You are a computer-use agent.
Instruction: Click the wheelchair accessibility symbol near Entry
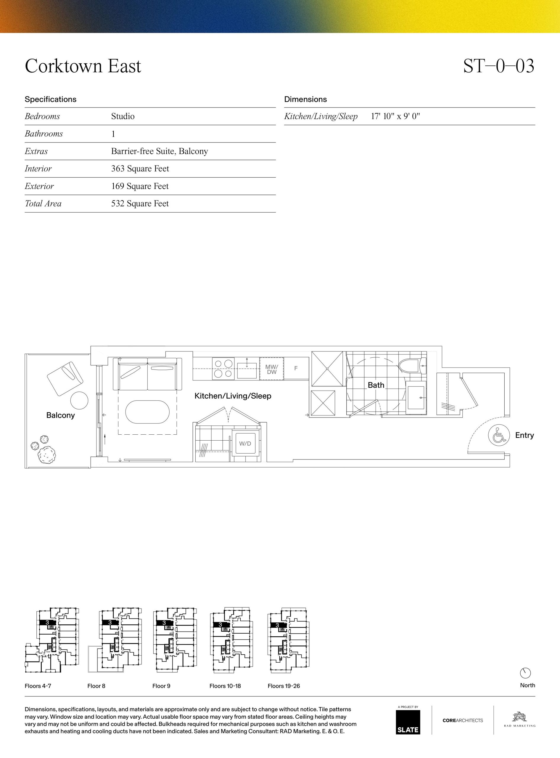click(499, 435)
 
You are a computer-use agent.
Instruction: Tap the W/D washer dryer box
click(245, 444)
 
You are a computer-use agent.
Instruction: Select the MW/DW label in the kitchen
click(271, 369)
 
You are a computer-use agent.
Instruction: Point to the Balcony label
click(60, 415)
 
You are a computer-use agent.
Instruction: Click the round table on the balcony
click(79, 401)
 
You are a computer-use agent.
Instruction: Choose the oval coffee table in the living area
click(147, 412)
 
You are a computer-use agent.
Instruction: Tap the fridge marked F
click(296, 368)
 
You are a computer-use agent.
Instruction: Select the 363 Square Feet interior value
click(140, 168)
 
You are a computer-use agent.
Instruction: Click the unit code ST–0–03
click(499, 66)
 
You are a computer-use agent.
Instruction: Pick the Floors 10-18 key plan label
click(225, 686)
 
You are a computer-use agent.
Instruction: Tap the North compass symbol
click(525, 673)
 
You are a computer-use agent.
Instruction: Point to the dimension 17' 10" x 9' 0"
click(395, 116)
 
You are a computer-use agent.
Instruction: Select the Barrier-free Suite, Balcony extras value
click(160, 151)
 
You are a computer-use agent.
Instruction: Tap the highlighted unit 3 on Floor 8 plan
click(110, 622)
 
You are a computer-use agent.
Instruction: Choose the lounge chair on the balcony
click(65, 378)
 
